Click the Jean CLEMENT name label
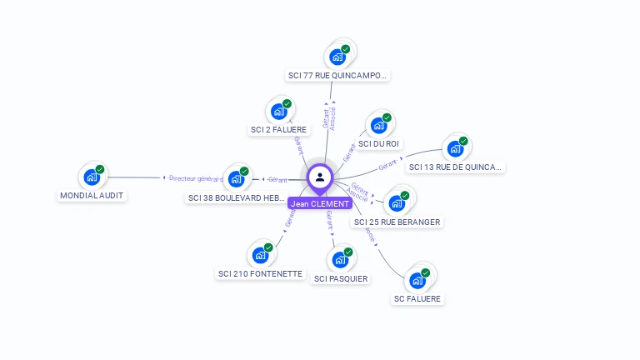click(320, 203)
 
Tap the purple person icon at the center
click(320, 177)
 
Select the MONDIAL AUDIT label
click(92, 195)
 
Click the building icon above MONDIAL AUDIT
click(92, 177)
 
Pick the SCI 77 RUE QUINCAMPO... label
click(337, 75)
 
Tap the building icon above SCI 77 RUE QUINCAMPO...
click(337, 57)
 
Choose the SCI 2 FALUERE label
click(279, 129)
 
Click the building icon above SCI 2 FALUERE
click(278, 112)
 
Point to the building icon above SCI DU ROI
click(379, 126)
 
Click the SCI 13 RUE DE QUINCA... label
click(456, 167)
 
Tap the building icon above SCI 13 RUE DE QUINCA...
click(455, 149)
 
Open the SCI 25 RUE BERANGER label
click(397, 222)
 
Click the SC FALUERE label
click(417, 298)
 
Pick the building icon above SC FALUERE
click(417, 281)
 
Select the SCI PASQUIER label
click(341, 278)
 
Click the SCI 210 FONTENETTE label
click(261, 273)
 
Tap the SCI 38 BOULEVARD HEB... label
click(237, 197)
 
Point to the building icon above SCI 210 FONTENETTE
click(260, 256)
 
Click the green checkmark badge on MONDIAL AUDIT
click(100, 169)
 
